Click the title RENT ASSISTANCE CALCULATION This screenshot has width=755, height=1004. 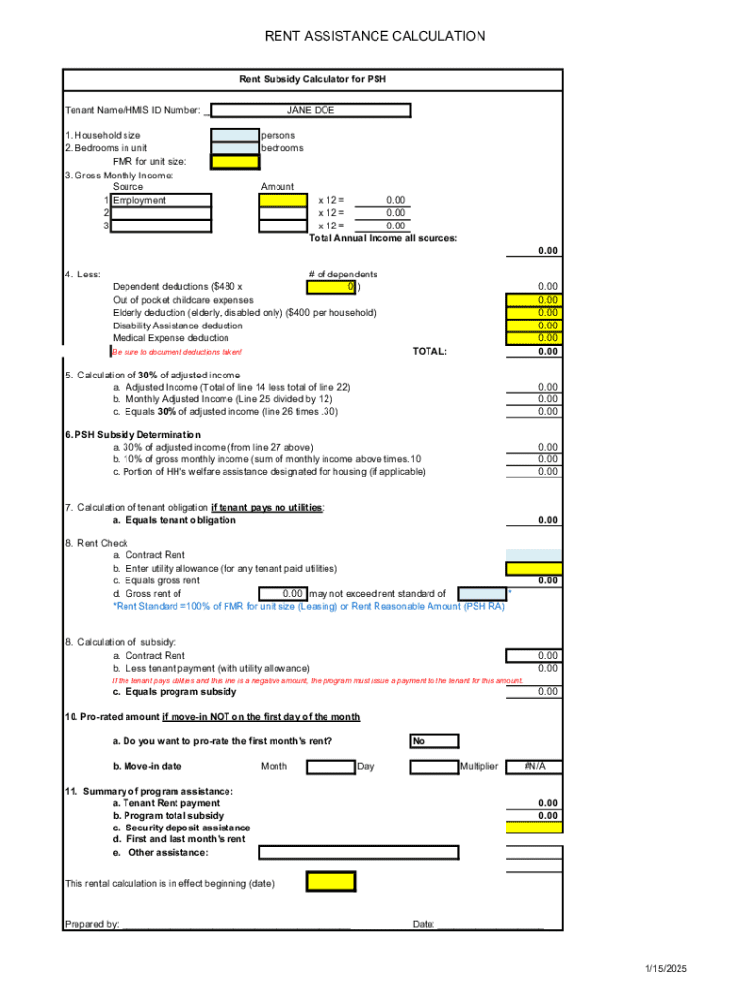tap(376, 37)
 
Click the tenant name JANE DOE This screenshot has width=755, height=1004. tap(310, 110)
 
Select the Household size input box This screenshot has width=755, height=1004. tap(234, 135)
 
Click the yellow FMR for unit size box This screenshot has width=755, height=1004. tap(234, 161)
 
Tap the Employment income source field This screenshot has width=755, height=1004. tap(160, 200)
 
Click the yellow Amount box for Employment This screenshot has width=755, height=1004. tap(282, 200)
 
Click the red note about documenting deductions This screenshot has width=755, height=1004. tap(177, 352)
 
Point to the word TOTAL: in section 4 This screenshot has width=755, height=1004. tap(429, 351)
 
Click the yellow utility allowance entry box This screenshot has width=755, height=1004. tap(533, 568)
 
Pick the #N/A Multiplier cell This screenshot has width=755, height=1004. tap(533, 766)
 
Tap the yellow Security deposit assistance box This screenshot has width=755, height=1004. tap(533, 828)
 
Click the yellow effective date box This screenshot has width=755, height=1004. tap(329, 882)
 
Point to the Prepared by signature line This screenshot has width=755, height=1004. tap(235, 924)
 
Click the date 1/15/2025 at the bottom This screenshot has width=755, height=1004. tap(667, 969)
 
